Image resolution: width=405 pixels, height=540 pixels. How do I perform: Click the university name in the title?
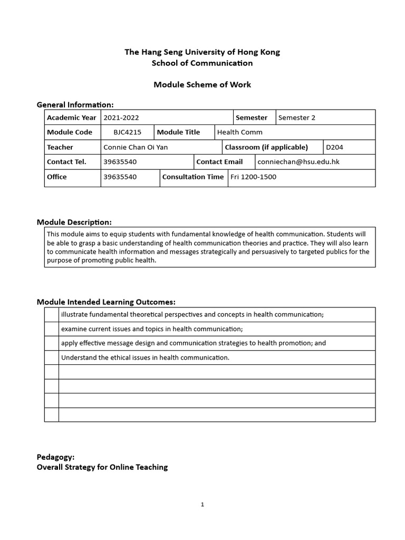click(x=202, y=52)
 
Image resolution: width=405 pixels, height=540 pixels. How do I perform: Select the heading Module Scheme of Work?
click(x=202, y=84)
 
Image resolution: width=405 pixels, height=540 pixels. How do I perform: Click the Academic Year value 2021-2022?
click(x=122, y=118)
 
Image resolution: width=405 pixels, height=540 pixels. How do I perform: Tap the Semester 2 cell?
click(x=297, y=118)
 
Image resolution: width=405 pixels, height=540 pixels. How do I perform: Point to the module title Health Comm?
click(x=240, y=132)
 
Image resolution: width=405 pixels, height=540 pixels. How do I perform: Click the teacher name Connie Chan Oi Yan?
click(x=136, y=147)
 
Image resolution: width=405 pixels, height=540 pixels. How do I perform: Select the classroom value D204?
click(x=334, y=147)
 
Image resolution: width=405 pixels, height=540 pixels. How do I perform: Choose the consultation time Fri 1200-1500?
click(x=254, y=177)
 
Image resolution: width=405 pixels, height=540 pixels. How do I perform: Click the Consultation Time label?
click(x=193, y=177)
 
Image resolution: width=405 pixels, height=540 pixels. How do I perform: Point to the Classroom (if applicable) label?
click(x=266, y=147)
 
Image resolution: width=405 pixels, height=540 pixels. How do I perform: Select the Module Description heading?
click(x=74, y=222)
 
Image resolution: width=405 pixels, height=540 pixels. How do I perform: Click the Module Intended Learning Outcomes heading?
click(x=106, y=302)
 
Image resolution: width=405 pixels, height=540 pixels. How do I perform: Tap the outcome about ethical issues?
click(x=146, y=358)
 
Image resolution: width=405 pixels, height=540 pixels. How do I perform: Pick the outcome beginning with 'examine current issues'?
click(x=152, y=329)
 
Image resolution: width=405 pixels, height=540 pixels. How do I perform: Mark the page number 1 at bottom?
click(x=202, y=504)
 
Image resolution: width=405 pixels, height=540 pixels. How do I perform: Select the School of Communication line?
click(x=202, y=63)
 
